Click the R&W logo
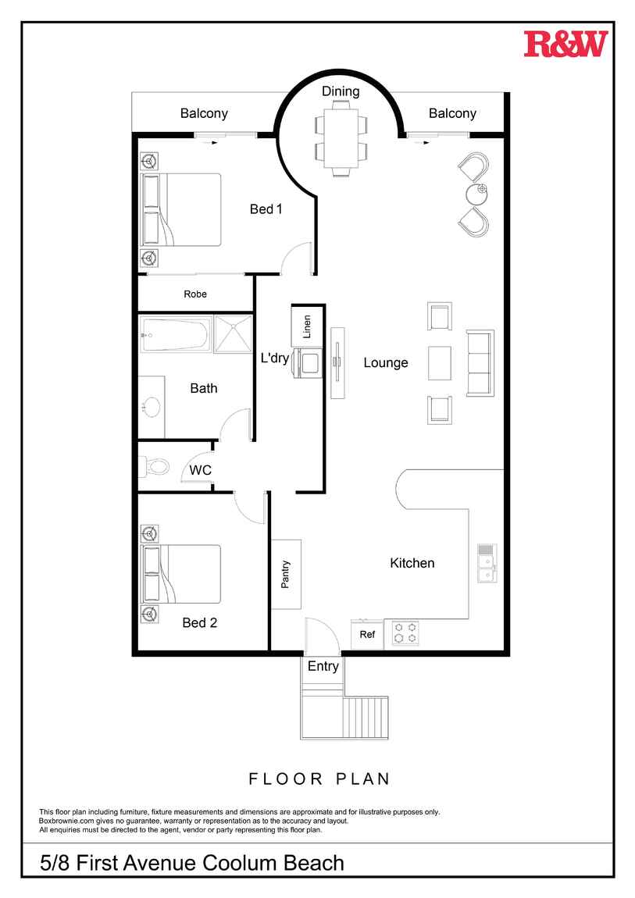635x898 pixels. (x=565, y=44)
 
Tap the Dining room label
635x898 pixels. (x=341, y=91)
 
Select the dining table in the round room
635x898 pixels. (x=341, y=138)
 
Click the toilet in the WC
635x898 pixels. (x=155, y=467)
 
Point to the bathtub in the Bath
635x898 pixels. (x=175, y=335)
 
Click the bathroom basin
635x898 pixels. (x=152, y=407)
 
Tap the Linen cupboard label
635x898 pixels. (x=307, y=326)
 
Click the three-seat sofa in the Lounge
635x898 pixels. (x=480, y=362)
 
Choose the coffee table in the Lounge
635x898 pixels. (x=439, y=363)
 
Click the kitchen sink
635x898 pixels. (x=487, y=563)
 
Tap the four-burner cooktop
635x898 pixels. (x=405, y=633)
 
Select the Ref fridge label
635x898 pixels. (x=367, y=635)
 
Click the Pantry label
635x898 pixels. (x=285, y=575)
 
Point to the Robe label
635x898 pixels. (x=195, y=294)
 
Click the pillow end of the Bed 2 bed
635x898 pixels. (x=152, y=575)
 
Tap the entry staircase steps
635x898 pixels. (x=366, y=718)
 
